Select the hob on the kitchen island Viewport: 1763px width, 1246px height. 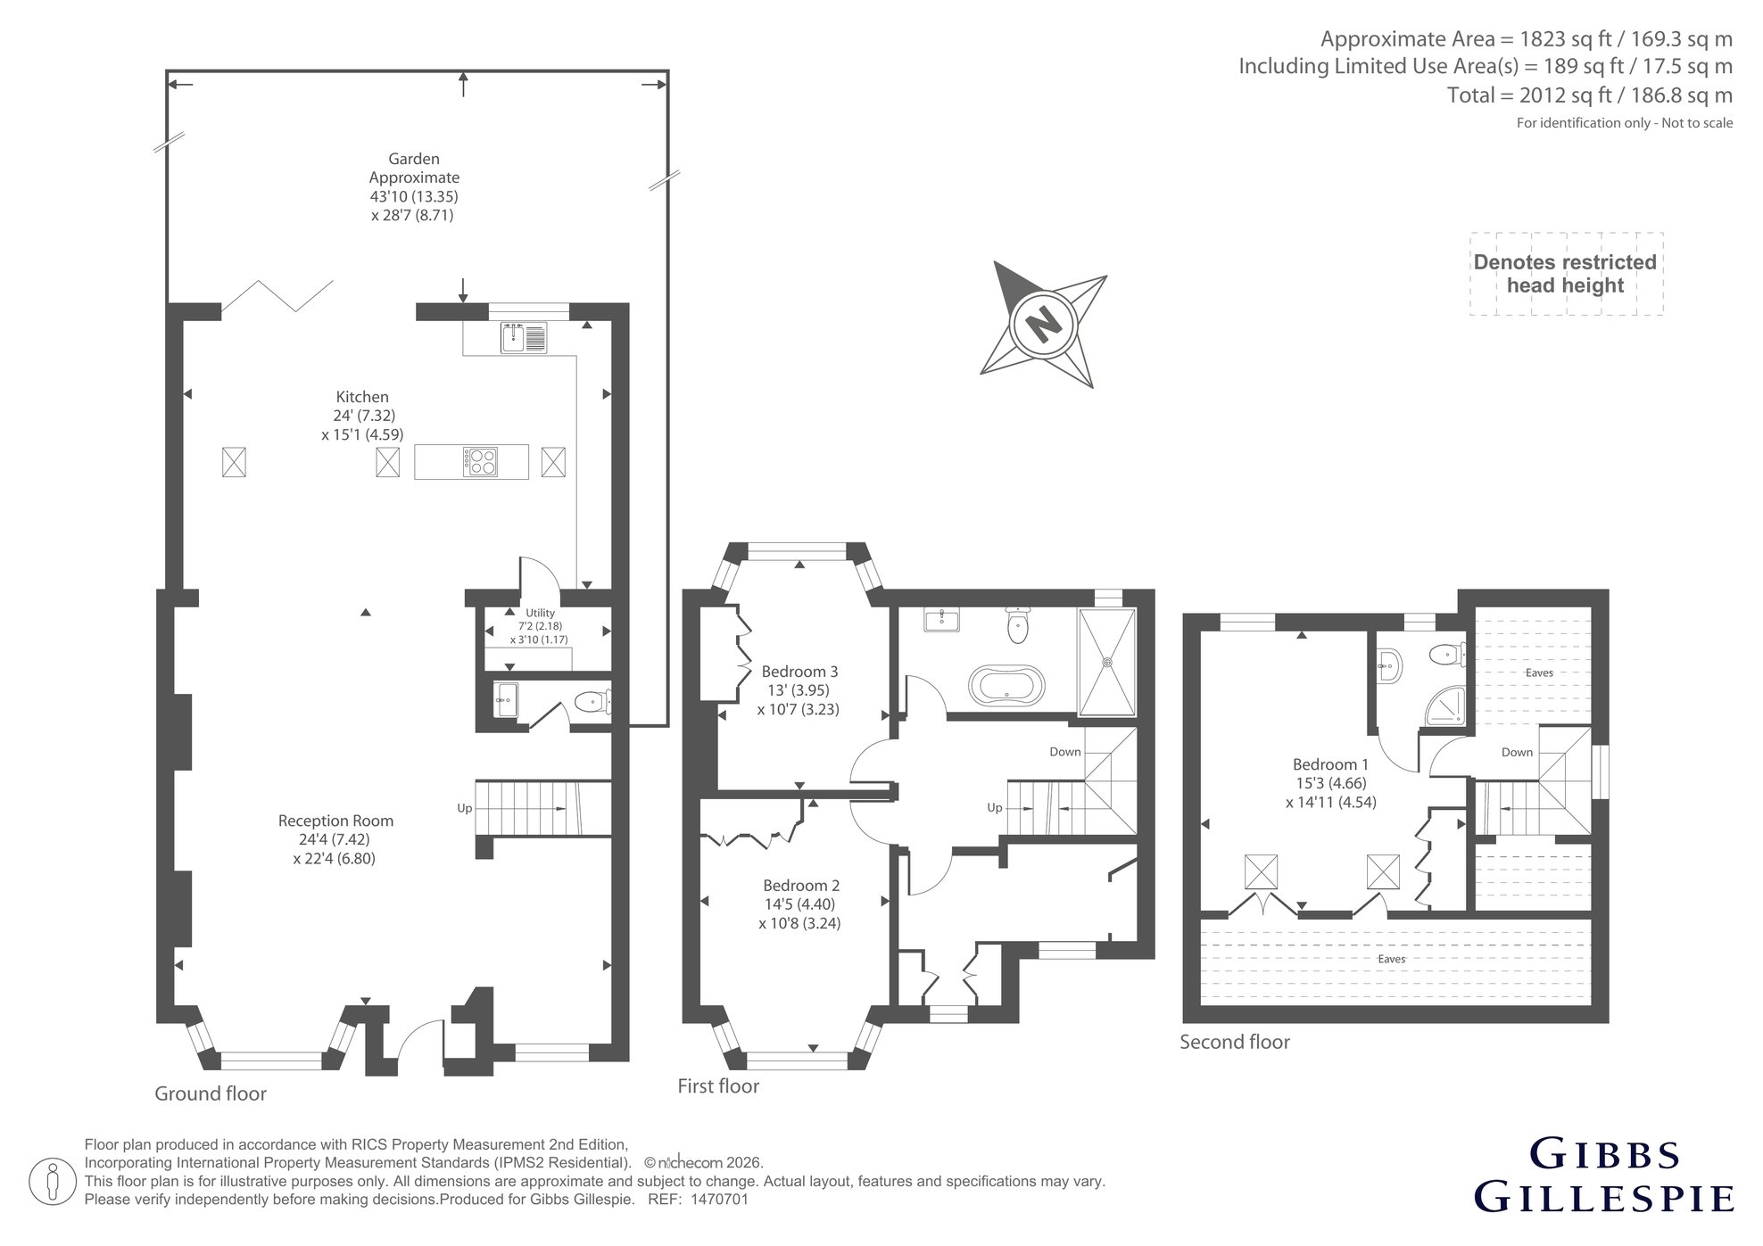click(x=480, y=462)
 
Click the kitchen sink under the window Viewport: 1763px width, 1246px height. click(x=524, y=338)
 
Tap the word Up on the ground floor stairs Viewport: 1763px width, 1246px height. click(x=464, y=808)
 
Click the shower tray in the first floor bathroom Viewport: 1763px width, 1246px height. click(x=1107, y=662)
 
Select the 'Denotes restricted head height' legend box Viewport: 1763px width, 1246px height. click(x=1567, y=274)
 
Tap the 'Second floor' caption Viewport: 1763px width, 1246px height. click(x=1235, y=1042)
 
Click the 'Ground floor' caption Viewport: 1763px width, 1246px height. click(x=211, y=1093)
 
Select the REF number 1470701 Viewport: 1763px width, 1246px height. click(x=719, y=1200)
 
